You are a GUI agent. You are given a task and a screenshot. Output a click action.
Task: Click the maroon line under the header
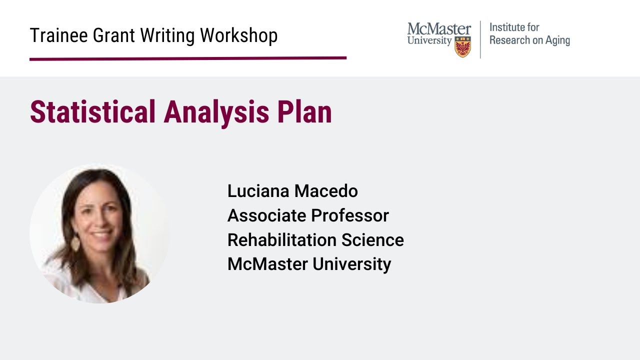tap(187, 58)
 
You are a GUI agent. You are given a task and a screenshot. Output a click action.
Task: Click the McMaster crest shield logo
tap(462, 47)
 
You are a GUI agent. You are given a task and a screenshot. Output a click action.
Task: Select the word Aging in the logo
tap(557, 41)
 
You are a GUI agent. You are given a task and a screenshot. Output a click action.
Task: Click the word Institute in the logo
tap(507, 27)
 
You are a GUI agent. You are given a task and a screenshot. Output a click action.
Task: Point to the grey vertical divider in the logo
tap(480, 39)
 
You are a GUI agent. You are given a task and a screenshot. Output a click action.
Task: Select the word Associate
tap(267, 215)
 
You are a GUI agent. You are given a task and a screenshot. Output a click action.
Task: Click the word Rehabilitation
tap(282, 240)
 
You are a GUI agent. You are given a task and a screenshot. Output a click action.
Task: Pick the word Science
tap(372, 240)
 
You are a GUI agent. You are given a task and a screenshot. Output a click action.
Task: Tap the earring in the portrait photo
tap(75, 243)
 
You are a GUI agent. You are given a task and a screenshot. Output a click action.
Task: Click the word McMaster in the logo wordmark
tap(439, 29)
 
